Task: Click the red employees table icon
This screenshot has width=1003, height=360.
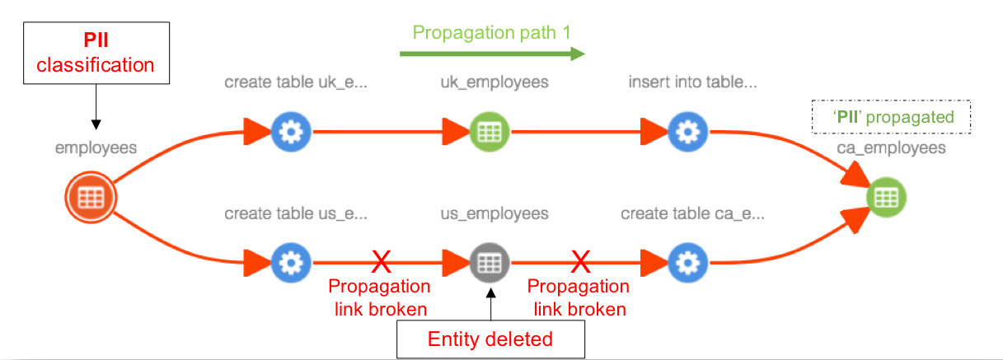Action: coord(91,197)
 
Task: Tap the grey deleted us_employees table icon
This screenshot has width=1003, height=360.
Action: coord(490,263)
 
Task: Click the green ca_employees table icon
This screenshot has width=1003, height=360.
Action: coord(887,197)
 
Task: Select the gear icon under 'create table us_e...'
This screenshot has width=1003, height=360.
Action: coord(291,263)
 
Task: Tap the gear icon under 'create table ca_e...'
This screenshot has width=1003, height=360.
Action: coord(687,263)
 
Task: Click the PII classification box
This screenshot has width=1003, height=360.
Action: coord(96,53)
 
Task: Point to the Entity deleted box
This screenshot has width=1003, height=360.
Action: coord(490,339)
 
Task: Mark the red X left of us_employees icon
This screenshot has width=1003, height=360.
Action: coord(380,263)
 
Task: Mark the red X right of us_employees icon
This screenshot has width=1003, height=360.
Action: coord(580,263)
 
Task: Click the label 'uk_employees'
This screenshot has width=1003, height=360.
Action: coord(494,82)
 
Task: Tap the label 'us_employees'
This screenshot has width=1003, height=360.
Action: coord(494,214)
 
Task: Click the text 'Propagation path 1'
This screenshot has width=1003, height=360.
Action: coord(492,33)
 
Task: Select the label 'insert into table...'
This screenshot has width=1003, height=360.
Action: coord(691,82)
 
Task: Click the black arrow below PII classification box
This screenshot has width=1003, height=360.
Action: coord(96,107)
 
